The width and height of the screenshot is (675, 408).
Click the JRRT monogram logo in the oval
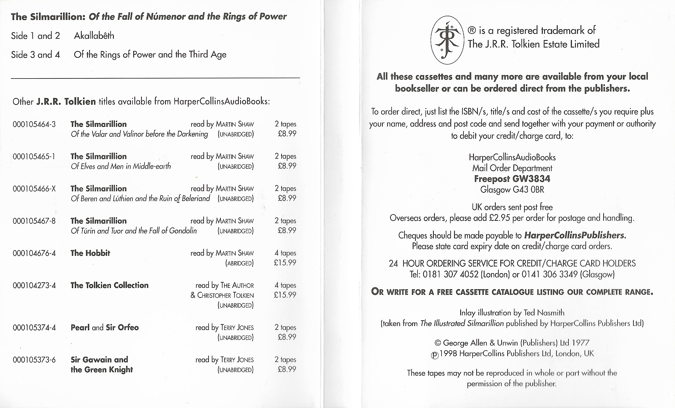[447, 40]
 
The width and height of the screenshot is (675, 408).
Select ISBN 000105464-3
[34, 124]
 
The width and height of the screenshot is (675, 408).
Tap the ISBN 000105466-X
[34, 189]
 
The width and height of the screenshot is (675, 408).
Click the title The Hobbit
[90, 253]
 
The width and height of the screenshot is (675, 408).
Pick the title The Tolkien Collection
[109, 285]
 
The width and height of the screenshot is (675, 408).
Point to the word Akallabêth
[94, 36]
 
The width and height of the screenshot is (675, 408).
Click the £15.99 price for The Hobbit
[285, 262]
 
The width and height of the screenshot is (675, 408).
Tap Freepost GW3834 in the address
[512, 179]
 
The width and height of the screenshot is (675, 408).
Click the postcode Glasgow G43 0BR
[512, 190]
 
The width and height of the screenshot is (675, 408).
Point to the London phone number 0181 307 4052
[450, 274]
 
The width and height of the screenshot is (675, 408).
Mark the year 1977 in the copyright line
[580, 343]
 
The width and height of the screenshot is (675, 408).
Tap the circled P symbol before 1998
[435, 355]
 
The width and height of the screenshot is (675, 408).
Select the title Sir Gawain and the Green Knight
[101, 364]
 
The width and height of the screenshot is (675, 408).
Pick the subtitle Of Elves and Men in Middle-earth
[120, 166]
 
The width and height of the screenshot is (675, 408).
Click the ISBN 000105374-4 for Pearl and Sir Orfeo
[34, 328]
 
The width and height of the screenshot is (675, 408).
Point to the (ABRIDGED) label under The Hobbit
[239, 263]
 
